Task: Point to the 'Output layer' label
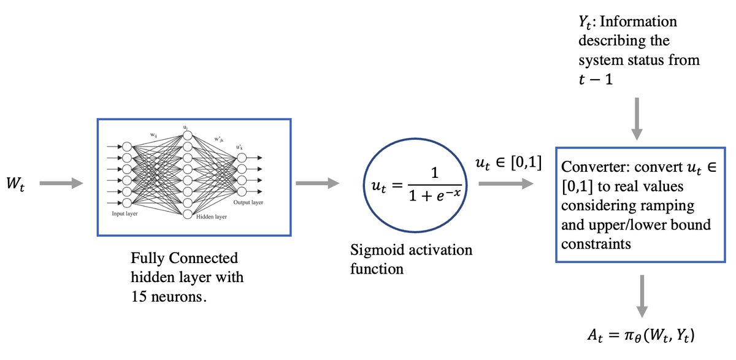pos(249,202)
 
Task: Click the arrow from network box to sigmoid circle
pos(316,183)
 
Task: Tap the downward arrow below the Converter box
pos(642,288)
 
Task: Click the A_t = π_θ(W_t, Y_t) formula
pos(642,335)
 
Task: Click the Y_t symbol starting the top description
pos(577,23)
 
